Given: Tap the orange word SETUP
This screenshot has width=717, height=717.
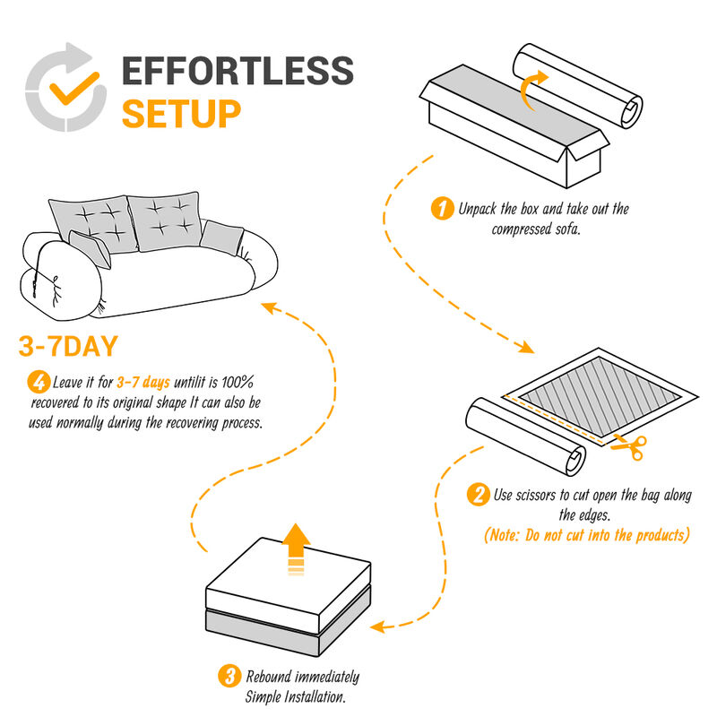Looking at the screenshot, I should click(181, 114).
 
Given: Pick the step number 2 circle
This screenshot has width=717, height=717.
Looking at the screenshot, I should click(479, 494).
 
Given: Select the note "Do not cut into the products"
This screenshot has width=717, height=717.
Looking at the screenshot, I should click(586, 535).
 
